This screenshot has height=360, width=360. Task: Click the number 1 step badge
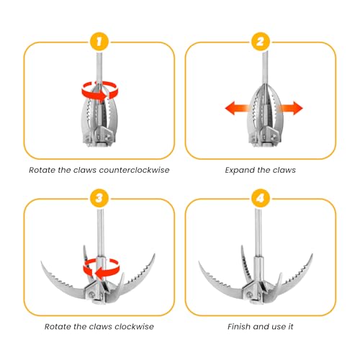coord(99,42)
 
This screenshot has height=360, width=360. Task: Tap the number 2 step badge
coord(261,42)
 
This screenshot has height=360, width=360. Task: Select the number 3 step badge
coord(99,199)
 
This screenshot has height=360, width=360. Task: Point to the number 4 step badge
coord(261,199)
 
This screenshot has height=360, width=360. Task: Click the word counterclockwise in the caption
coord(134,170)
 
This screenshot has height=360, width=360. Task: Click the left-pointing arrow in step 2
coord(237,108)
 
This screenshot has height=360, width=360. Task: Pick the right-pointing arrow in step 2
coord(290,108)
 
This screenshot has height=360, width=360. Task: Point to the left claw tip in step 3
coord(41,262)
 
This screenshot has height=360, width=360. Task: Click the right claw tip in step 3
coord(155,254)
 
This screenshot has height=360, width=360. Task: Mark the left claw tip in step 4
coord(199,262)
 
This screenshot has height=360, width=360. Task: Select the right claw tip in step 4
coord(312,254)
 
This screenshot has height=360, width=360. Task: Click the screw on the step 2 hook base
coord(274,138)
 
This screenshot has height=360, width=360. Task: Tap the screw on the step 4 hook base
coord(250,295)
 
